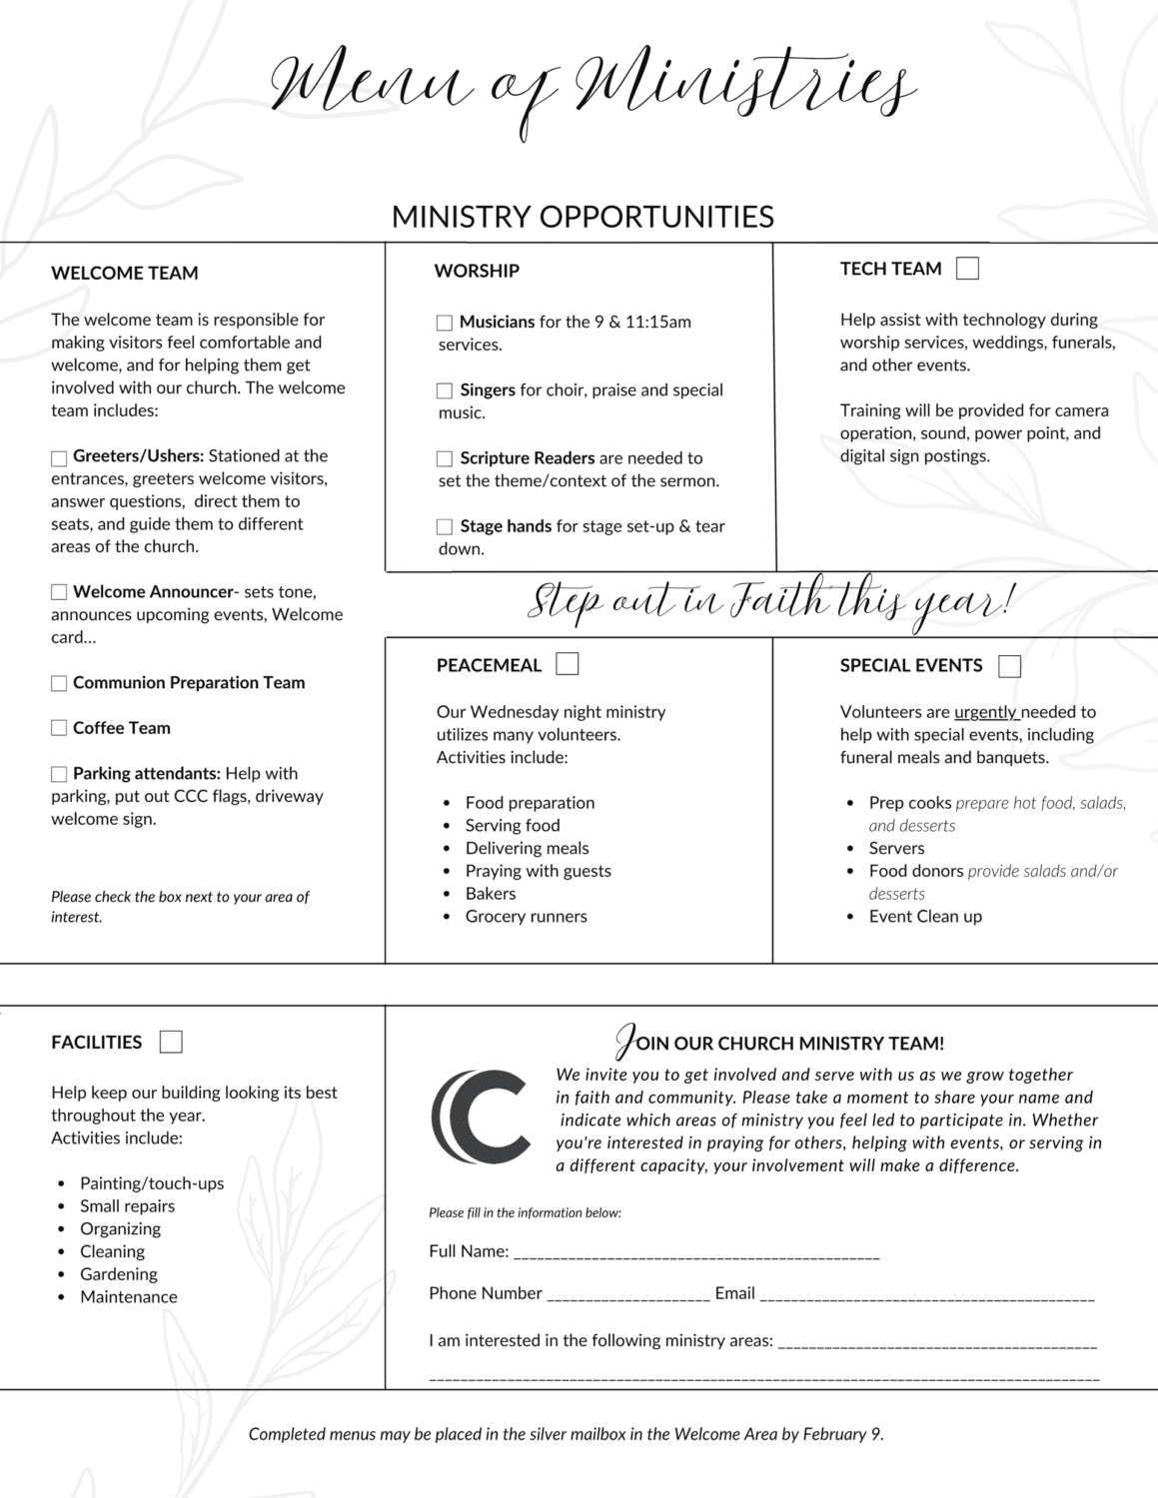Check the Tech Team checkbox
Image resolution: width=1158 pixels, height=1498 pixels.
click(x=967, y=269)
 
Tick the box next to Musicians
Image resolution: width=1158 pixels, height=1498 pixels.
click(x=445, y=323)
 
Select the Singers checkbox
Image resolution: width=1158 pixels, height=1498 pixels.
click(x=445, y=390)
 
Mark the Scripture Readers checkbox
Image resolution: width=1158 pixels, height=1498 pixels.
click(x=445, y=458)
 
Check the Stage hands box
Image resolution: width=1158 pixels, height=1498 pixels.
click(x=445, y=526)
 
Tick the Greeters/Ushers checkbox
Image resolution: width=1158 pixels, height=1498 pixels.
click(x=59, y=457)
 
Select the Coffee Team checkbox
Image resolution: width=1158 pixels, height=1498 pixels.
click(x=59, y=728)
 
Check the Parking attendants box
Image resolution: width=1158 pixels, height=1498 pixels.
click(x=59, y=774)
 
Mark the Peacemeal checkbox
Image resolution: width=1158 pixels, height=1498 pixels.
click(x=567, y=664)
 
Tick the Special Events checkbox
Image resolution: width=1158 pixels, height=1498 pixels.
click(x=1009, y=666)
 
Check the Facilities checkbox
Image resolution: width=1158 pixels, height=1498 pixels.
click(x=171, y=1043)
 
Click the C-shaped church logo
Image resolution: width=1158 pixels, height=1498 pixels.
click(x=481, y=1117)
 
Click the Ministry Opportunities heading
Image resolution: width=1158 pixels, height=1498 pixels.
click(x=582, y=217)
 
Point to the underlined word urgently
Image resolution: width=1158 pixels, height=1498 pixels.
click(x=985, y=712)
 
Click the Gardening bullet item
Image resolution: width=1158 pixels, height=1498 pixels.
click(x=119, y=1274)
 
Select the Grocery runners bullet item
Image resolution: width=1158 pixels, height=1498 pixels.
click(x=526, y=917)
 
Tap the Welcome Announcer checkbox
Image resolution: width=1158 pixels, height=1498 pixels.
click(x=59, y=592)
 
